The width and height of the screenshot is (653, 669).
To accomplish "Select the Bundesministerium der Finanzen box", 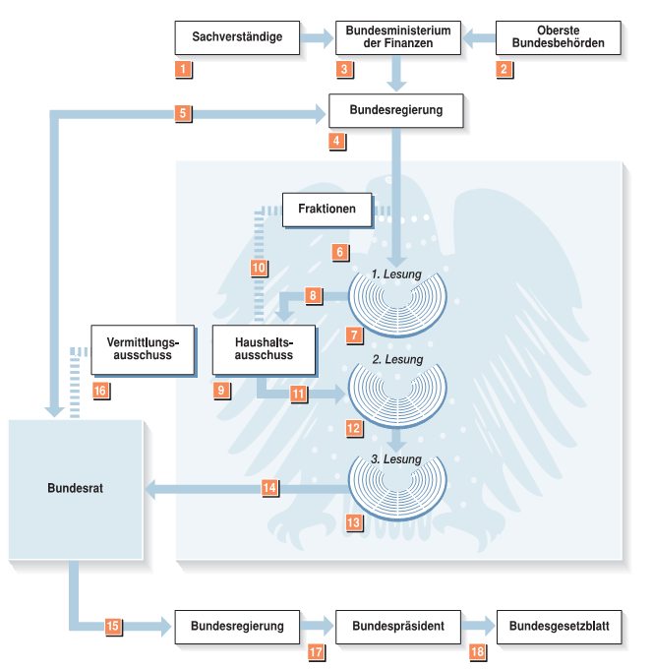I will pyautogui.click(x=398, y=38).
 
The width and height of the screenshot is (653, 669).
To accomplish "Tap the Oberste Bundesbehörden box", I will pyautogui.click(x=559, y=38).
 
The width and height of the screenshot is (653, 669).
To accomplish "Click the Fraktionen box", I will pyautogui.click(x=326, y=211).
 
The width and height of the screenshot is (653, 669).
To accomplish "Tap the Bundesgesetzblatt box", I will pyautogui.click(x=559, y=626).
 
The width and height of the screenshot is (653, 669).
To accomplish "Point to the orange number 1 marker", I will pyautogui.click(x=183, y=69).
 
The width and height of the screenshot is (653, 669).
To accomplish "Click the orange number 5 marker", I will pyautogui.click(x=183, y=113).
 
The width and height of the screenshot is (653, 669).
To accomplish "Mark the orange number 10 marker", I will pyautogui.click(x=259, y=267).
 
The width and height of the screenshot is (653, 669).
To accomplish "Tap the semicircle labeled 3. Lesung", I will pyautogui.click(x=399, y=484).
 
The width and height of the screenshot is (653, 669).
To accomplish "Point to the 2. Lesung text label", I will pyautogui.click(x=397, y=360).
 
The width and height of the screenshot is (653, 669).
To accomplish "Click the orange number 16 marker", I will pyautogui.click(x=99, y=391).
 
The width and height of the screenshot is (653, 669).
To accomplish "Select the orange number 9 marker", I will pyautogui.click(x=222, y=391).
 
